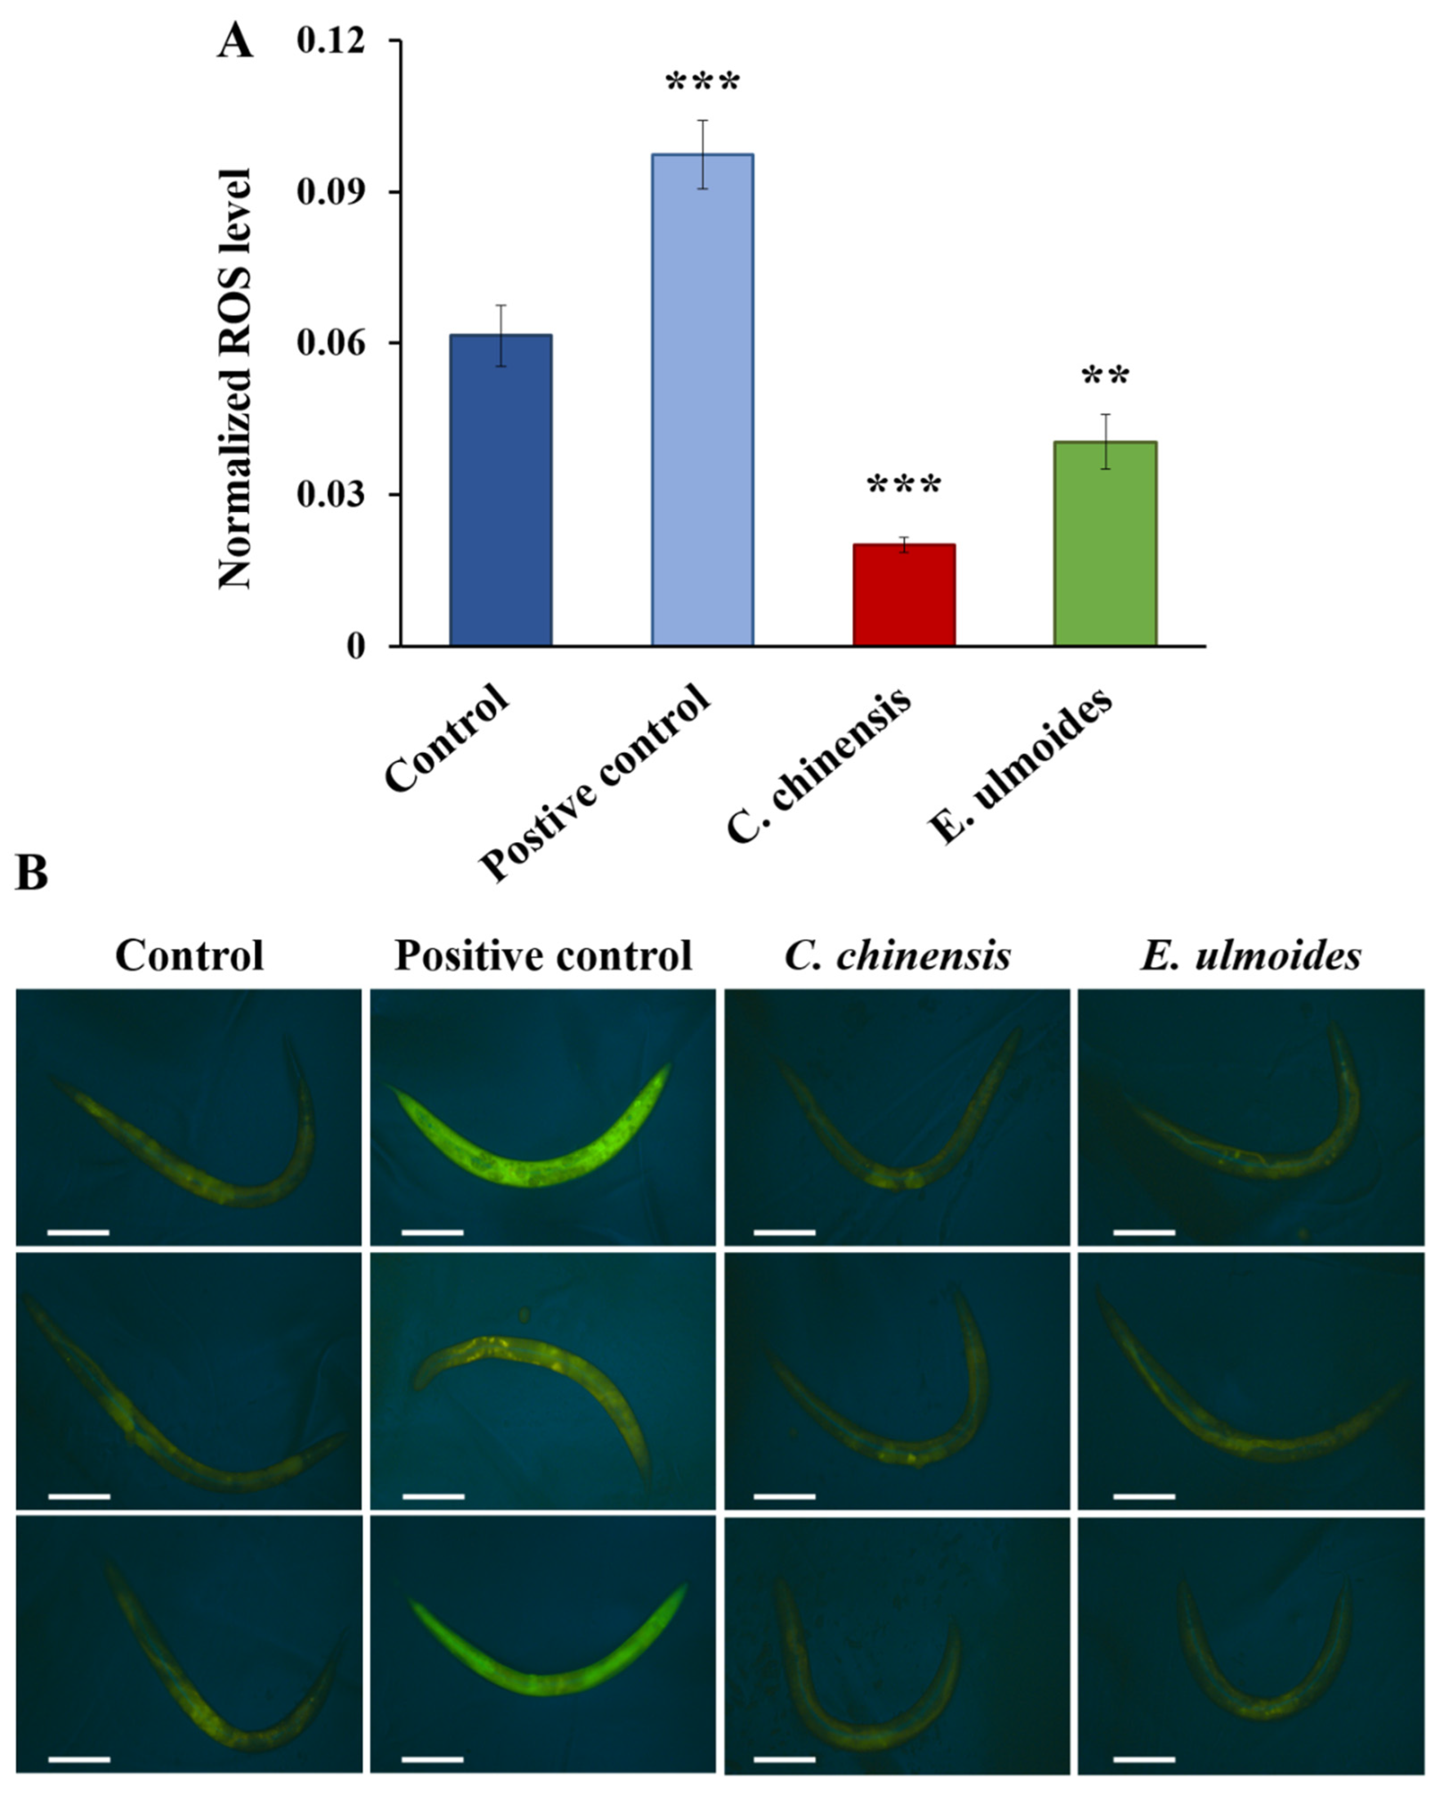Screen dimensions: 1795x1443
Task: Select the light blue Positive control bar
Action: pyautogui.click(x=702, y=400)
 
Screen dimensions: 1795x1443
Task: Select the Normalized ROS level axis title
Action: pyautogui.click(x=235, y=379)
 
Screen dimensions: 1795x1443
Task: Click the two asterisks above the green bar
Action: pyautogui.click(x=1105, y=377)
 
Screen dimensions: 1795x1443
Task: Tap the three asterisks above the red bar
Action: pyautogui.click(x=903, y=485)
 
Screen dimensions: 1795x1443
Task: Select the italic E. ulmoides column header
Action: pyautogui.click(x=1251, y=956)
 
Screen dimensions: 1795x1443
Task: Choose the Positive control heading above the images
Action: pyautogui.click(x=543, y=956)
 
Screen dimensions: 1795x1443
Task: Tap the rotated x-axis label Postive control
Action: pyautogui.click(x=595, y=783)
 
